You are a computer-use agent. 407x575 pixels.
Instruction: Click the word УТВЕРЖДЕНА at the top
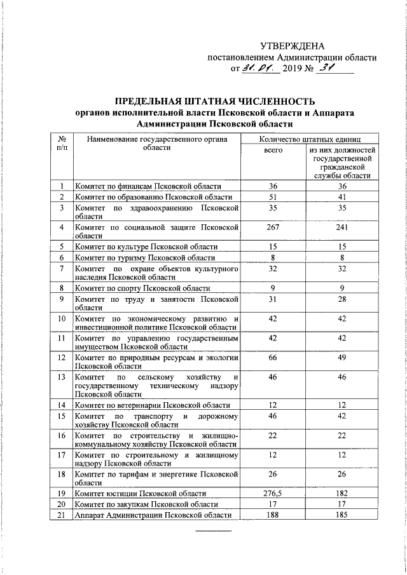pyautogui.click(x=293, y=46)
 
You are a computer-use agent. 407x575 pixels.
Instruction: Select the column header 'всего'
pyautogui.click(x=273, y=151)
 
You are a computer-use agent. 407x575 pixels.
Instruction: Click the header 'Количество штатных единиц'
pyautogui.click(x=310, y=139)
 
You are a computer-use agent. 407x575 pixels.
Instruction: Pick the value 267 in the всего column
pyautogui.click(x=273, y=226)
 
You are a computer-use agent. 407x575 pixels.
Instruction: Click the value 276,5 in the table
pyautogui.click(x=273, y=493)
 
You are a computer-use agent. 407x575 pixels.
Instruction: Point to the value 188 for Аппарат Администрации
pyautogui.click(x=273, y=515)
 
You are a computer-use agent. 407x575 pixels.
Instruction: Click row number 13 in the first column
pyautogui.click(x=62, y=377)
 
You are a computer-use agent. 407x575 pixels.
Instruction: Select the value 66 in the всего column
pyautogui.click(x=273, y=358)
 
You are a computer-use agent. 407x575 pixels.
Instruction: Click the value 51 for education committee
pyautogui.click(x=273, y=197)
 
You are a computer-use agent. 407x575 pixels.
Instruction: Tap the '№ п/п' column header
pyautogui.click(x=62, y=143)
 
